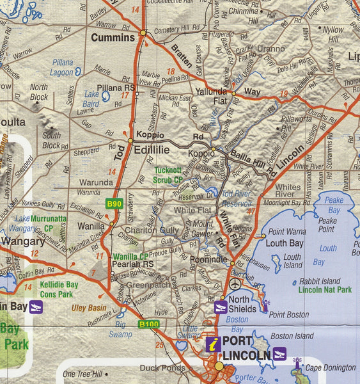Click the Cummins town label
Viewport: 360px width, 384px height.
[113, 38]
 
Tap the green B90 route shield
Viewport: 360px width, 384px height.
[114, 204]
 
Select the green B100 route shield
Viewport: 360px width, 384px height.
[148, 324]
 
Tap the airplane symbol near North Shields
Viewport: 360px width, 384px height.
[236, 284]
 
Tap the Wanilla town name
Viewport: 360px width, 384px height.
[91, 226]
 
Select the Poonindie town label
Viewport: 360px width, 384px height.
[208, 259]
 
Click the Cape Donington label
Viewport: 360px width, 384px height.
[330, 367]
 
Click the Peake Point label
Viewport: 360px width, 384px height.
[327, 224]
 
